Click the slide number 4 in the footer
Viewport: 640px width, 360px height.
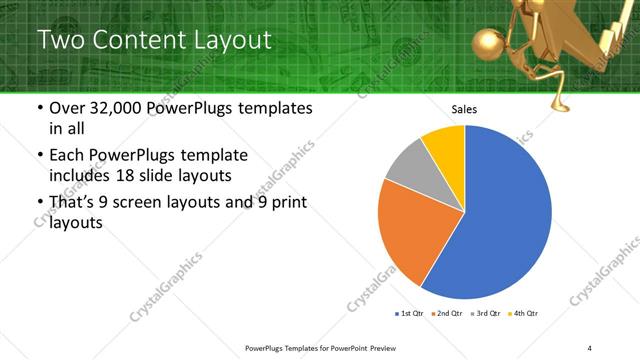590,347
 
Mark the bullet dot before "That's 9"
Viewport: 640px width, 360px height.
39,204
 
